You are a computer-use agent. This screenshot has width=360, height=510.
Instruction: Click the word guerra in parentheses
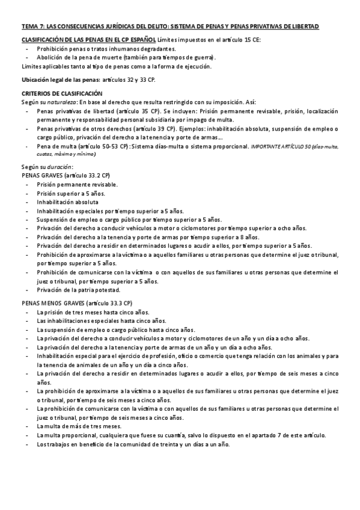[201, 58]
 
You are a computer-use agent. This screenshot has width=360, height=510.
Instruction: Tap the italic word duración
[60, 166]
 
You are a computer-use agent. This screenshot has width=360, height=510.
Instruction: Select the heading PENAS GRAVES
[43, 175]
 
